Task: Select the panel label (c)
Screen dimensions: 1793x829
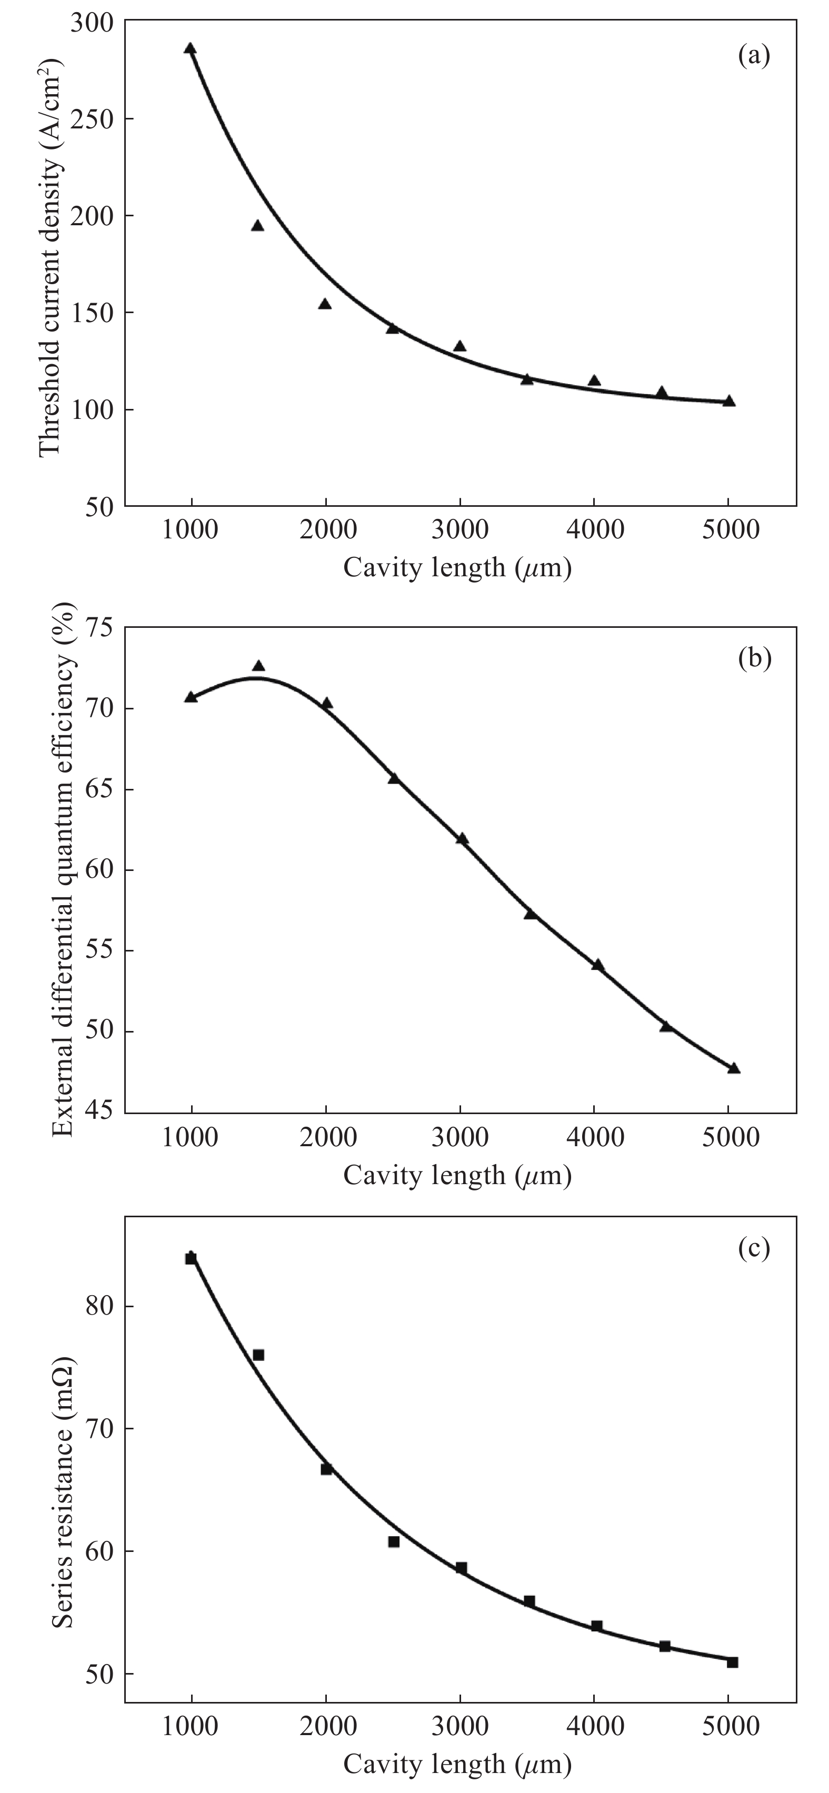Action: point(754,1249)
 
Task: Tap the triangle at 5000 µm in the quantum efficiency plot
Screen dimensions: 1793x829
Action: point(734,1068)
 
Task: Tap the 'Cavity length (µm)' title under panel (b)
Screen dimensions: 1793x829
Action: point(457,1176)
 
